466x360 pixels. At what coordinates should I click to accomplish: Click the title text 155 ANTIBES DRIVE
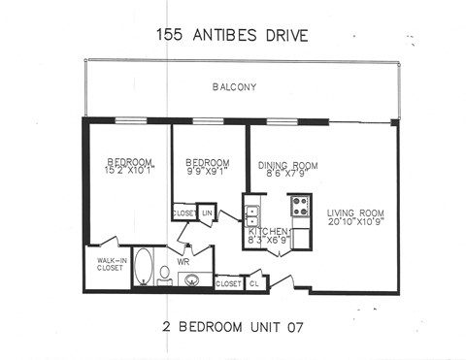pos(232,36)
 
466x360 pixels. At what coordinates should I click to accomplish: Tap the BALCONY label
pos(234,88)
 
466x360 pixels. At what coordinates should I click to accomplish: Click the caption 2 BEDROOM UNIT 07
pos(232,326)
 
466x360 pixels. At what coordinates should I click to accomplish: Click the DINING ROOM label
pos(287,165)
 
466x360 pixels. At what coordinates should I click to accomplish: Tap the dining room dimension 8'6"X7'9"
pos(287,175)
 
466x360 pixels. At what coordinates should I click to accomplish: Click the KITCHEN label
pos(270,232)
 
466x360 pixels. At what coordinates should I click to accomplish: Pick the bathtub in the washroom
pos(142,267)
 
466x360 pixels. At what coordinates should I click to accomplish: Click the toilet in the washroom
pos(165,274)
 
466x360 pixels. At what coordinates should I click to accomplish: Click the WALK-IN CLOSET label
pos(109,265)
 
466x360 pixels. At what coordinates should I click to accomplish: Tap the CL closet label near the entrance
pos(252,283)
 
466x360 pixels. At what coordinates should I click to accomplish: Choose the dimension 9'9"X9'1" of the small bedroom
pos(208,172)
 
